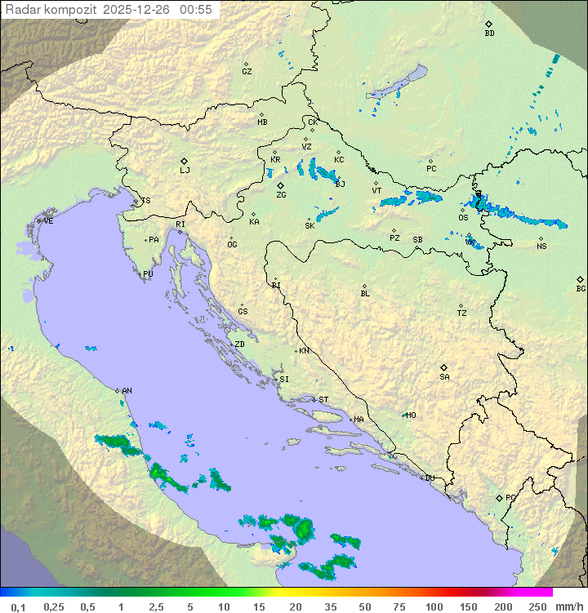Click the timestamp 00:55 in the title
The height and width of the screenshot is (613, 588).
tap(197, 10)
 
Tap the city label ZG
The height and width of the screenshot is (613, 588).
tap(281, 195)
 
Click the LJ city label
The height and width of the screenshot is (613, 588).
tap(185, 171)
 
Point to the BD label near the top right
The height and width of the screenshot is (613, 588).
tap(489, 33)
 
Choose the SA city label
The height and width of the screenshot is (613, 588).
tap(444, 377)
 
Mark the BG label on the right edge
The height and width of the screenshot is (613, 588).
tap(581, 288)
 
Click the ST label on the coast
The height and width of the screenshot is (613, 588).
tap(323, 400)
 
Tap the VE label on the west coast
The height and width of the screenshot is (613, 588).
tap(48, 221)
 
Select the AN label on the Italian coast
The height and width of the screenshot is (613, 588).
tap(127, 391)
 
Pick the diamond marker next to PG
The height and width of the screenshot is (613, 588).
tap(499, 497)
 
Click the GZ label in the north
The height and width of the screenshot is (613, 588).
tap(247, 72)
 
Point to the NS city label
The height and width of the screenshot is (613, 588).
tap(541, 247)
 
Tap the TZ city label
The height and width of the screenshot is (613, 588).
tap(462, 313)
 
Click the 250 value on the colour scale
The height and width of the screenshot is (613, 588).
tap(537, 606)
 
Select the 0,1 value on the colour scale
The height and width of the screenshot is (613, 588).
tap(18, 606)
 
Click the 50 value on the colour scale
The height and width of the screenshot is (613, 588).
tap(364, 606)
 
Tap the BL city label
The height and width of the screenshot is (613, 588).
tap(365, 294)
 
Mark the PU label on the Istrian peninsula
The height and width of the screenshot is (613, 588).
tap(148, 274)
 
